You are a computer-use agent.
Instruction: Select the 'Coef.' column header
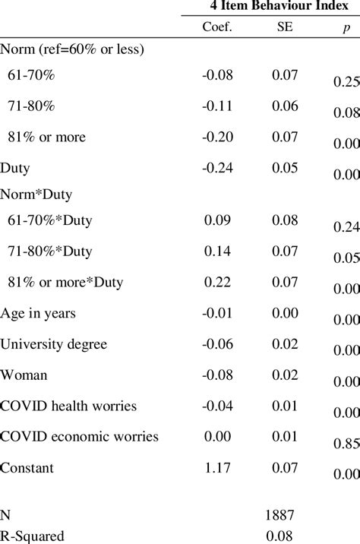(218, 30)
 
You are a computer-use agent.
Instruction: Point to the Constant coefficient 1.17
(218, 467)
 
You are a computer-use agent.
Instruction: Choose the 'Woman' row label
(24, 375)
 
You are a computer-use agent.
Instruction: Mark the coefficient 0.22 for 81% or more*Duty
(218, 283)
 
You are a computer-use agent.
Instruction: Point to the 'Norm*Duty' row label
(36, 194)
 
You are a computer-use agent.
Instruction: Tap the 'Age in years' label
(38, 313)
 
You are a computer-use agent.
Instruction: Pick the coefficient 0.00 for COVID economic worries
(218, 436)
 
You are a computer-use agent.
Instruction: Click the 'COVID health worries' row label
(68, 406)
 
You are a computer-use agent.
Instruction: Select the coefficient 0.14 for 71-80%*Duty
(218, 251)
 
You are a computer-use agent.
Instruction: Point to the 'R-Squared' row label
(31, 536)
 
